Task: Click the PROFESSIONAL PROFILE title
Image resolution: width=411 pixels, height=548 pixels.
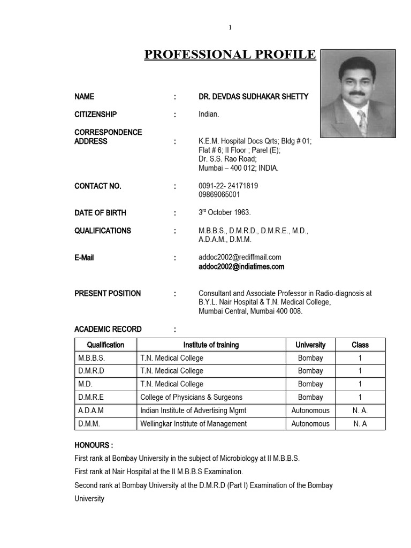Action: (230, 55)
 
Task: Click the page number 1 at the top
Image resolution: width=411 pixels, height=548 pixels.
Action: (230, 28)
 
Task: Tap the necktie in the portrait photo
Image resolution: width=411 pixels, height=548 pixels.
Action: (362, 123)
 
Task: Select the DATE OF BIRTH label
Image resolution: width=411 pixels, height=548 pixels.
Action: (101, 213)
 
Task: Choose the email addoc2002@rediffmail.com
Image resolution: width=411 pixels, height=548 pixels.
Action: (240, 257)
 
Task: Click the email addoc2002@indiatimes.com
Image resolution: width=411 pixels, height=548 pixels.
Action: (241, 267)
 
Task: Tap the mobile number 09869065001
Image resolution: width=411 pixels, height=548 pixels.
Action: (219, 195)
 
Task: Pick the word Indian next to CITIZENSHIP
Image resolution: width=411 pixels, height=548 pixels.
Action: (208, 115)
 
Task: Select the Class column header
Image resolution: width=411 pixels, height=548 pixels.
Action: (360, 345)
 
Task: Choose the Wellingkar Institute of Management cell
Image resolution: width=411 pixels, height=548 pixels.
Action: (193, 423)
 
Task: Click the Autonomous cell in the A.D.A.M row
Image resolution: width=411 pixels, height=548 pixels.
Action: (310, 410)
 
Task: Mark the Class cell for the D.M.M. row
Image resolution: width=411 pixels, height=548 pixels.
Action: (360, 423)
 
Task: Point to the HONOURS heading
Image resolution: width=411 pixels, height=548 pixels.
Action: (94, 445)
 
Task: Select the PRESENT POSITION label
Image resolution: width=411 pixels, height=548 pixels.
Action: (108, 293)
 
